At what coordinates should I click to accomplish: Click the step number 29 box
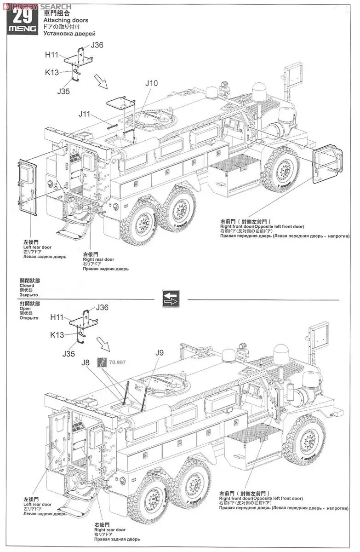pos(23,17)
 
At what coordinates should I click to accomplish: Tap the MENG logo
pos(23,29)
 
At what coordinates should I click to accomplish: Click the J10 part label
pos(151,83)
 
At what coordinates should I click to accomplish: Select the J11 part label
pos(85,114)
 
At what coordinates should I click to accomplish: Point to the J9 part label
pos(159,353)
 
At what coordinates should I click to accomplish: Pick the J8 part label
pos(86,362)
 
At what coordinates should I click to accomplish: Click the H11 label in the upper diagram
pos(52,54)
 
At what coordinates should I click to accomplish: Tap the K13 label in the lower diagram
pos(57,335)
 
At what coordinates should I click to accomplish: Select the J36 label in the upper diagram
pos(97,45)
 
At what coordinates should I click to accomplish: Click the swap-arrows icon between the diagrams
pos(171,299)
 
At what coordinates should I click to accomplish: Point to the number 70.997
pos(118,362)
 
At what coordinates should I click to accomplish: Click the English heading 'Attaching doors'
pos(66,21)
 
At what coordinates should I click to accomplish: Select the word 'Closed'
pos(27,286)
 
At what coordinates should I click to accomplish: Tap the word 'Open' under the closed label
pos(25,309)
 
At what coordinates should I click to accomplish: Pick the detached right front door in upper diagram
pos(327,163)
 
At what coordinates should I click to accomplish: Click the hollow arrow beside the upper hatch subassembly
pos(100,82)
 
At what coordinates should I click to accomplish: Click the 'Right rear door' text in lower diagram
pos(110,530)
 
